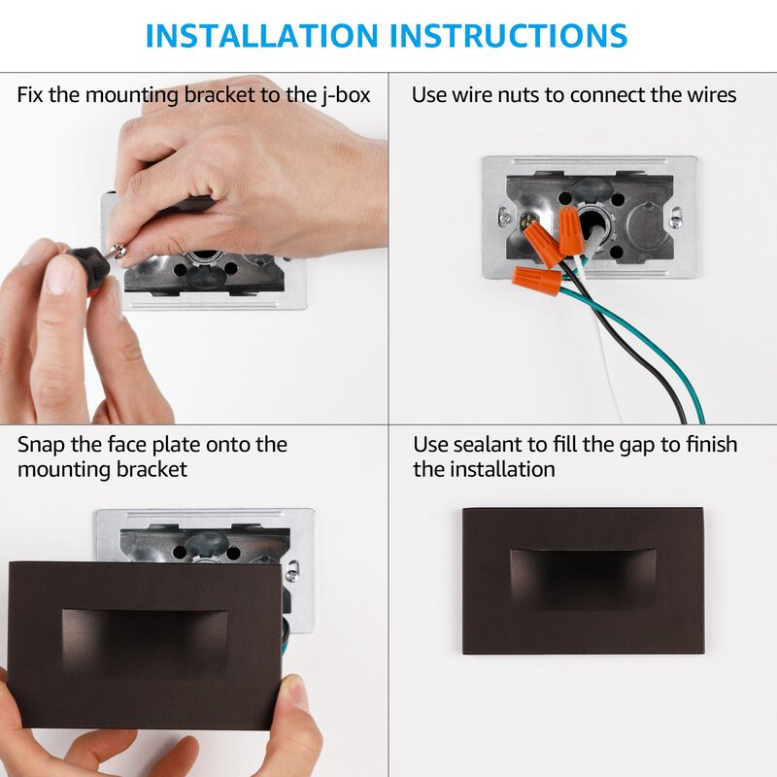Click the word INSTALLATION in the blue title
[x=261, y=35]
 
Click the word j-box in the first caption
[x=346, y=94]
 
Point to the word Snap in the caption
[x=41, y=445]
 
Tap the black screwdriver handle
[x=88, y=265]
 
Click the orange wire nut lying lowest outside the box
[x=537, y=280]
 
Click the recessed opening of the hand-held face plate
[x=145, y=643]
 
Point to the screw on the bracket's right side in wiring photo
[x=675, y=217]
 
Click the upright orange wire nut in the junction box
[x=570, y=230]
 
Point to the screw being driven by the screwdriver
[x=119, y=250]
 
